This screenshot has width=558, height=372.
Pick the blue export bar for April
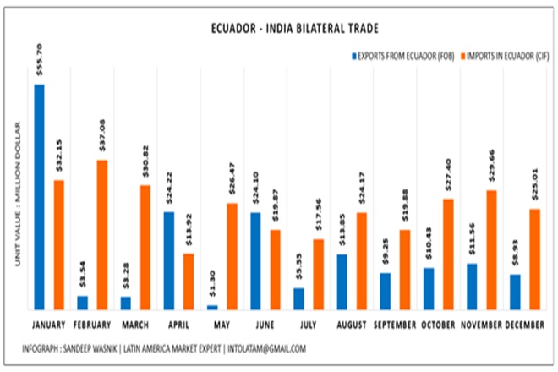[x=169, y=260]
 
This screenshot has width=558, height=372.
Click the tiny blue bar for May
[x=212, y=307]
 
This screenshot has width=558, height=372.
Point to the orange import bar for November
[x=491, y=249]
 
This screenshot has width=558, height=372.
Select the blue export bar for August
[x=342, y=282]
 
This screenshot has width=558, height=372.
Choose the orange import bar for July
[x=318, y=274]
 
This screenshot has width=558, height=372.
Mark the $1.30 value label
[x=212, y=287]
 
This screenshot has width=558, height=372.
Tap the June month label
[x=264, y=325]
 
